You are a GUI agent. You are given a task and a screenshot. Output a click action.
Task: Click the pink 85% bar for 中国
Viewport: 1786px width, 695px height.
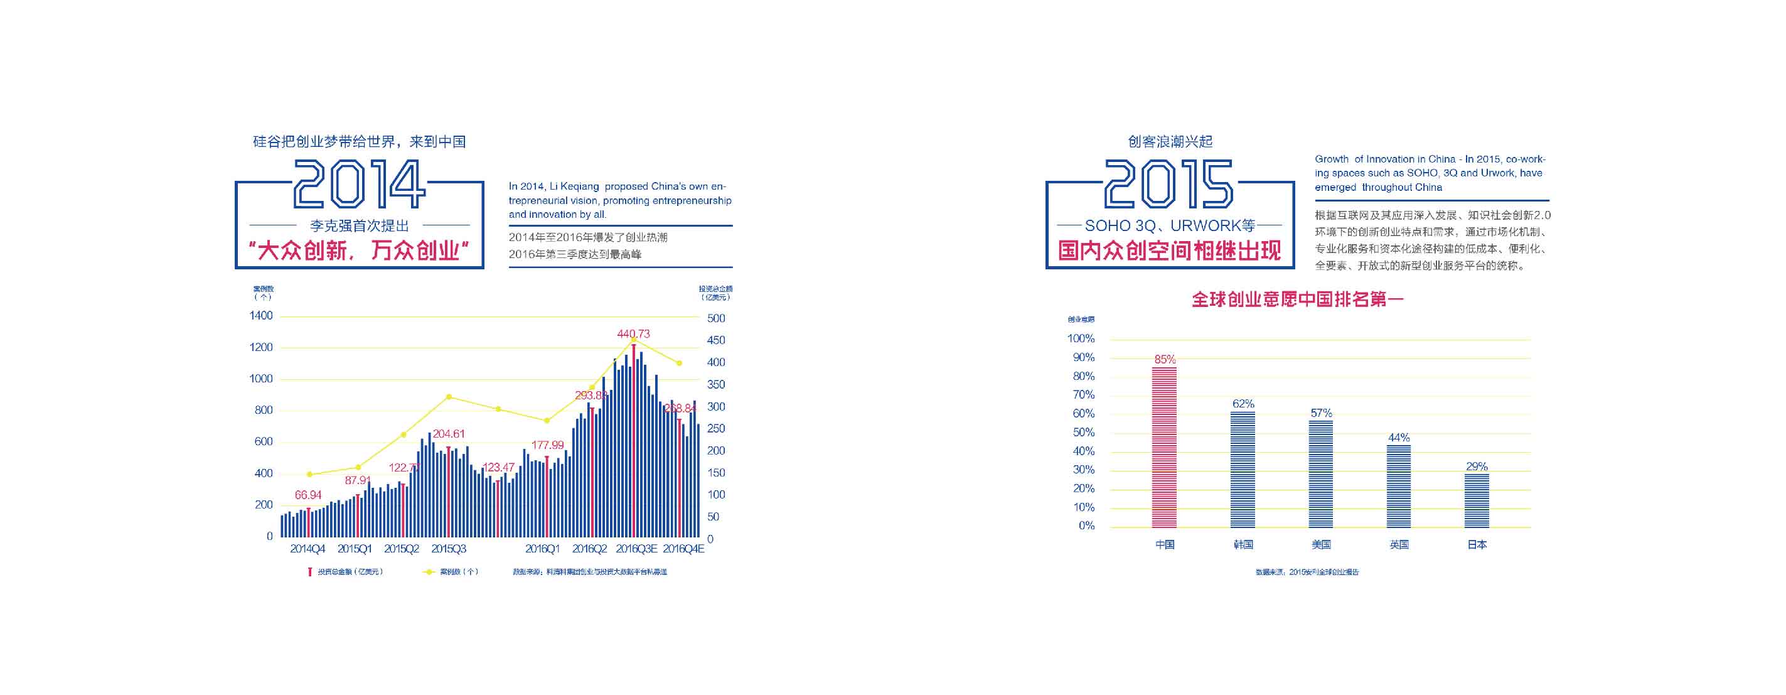click(x=1164, y=448)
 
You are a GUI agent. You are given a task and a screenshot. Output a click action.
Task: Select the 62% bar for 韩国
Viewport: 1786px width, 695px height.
click(x=1243, y=470)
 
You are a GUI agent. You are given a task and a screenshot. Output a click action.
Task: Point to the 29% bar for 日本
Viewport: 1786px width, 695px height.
click(x=1477, y=500)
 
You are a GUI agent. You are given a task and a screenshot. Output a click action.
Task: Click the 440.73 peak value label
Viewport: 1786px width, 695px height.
click(x=634, y=333)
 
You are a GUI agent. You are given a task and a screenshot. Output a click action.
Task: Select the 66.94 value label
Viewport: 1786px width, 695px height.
click(x=308, y=495)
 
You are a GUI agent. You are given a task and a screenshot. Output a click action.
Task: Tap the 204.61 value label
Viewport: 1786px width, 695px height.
click(x=449, y=433)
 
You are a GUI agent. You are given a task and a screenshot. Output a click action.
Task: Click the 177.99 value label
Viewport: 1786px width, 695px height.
click(x=548, y=444)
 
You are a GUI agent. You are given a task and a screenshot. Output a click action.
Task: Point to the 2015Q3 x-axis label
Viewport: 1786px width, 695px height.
click(x=449, y=549)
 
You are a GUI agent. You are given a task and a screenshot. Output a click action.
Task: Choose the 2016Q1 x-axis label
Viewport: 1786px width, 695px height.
click(x=542, y=549)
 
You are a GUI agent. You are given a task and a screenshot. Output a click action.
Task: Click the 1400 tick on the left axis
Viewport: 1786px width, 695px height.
click(x=262, y=316)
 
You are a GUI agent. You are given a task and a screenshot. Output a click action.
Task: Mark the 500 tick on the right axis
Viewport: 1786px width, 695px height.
click(x=716, y=318)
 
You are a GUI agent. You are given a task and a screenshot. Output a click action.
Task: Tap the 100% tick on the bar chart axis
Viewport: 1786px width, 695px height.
click(x=1081, y=338)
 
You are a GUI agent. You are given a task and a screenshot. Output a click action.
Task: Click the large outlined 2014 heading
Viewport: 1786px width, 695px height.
click(x=359, y=184)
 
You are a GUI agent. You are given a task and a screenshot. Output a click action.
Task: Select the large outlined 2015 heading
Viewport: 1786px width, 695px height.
click(x=1169, y=184)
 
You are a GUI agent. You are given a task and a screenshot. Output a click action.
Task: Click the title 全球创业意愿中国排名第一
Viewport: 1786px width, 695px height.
click(x=1297, y=299)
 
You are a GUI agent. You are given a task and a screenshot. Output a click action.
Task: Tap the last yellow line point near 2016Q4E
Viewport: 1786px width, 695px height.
click(x=680, y=363)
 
